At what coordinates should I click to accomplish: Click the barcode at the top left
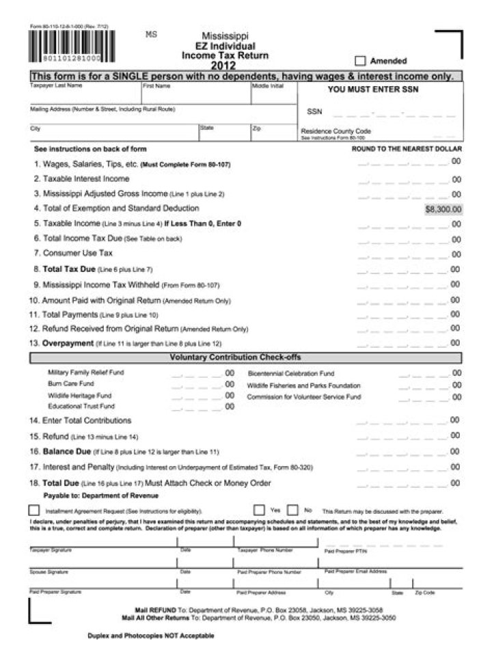pos(72,46)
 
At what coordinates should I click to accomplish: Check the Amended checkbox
pos(360,60)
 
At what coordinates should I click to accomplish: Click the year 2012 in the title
pos(223,66)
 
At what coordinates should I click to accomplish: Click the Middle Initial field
pos(274,96)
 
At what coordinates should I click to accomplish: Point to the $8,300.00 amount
pos(443,209)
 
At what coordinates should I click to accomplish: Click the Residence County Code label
pos(336,131)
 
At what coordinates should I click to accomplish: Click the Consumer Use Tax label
pos(77,253)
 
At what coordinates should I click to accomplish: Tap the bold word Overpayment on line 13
pos(68,343)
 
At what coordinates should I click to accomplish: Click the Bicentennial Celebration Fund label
pos(290,374)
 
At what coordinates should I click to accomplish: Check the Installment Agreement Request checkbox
pos(34,510)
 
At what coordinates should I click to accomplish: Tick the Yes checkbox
pos(259,510)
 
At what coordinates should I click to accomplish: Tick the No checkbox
pos(292,510)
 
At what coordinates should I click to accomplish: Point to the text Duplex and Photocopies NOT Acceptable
pos(150,636)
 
